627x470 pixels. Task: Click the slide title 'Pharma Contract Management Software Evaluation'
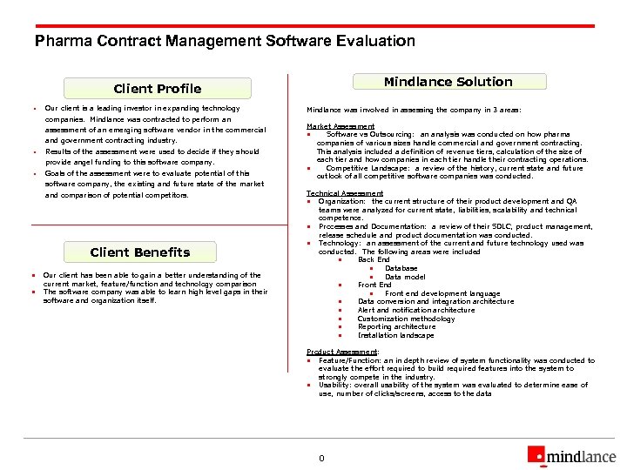point(225,41)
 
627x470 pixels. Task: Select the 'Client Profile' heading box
point(158,89)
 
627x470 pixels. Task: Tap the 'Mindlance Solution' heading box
point(448,82)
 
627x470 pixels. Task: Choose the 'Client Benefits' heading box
point(140,252)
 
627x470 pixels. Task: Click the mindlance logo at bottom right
point(570,454)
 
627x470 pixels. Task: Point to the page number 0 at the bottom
point(321,458)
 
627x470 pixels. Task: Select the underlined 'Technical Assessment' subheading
point(345,193)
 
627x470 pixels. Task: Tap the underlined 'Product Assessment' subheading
point(342,352)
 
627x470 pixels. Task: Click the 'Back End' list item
point(374,260)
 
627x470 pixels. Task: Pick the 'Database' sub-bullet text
point(401,268)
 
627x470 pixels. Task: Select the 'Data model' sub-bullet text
point(405,277)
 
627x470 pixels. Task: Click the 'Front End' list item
point(374,285)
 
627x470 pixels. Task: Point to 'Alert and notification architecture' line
point(416,310)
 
